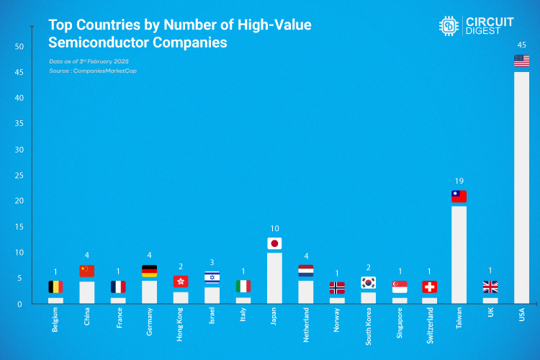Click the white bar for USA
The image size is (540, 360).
521,187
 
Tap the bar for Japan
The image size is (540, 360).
274,277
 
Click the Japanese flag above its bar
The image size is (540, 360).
274,243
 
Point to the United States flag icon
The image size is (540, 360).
521,61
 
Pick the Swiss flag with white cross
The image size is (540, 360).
430,287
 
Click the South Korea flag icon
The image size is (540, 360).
368,283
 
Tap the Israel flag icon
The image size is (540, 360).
212,278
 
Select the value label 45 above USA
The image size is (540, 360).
521,45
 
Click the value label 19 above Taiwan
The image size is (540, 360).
459,181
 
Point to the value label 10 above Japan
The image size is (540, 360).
274,228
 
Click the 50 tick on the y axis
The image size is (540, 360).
19,47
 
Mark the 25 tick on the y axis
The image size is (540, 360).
19,176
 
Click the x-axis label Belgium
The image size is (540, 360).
56,322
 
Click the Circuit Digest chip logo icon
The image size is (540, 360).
450,25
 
